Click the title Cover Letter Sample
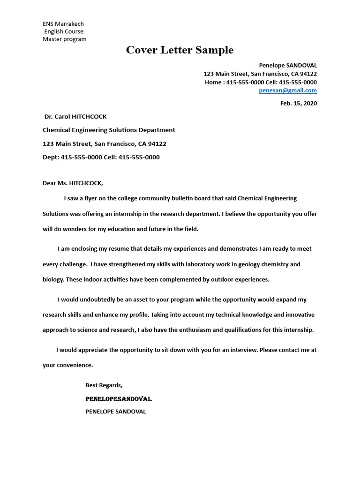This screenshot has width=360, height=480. coord(180,50)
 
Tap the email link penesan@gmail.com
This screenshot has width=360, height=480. coord(288,90)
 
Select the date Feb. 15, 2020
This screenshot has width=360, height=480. coord(299,104)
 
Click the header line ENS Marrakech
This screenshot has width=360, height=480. coord(63,24)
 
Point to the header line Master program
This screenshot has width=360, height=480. coord(65,39)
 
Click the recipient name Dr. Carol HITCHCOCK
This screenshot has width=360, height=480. coord(75,117)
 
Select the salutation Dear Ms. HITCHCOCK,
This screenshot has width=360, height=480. coord(73,183)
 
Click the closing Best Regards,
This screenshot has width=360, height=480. coord(104,385)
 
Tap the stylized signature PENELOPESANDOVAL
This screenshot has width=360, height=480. coord(118,399)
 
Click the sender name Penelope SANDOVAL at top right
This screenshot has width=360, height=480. coord(288,66)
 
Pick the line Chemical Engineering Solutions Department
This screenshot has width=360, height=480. coord(109,130)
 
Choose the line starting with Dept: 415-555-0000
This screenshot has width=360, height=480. coord(101,157)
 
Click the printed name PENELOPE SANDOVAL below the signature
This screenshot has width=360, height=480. coord(116,412)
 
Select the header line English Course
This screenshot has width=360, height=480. coord(64,31)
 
